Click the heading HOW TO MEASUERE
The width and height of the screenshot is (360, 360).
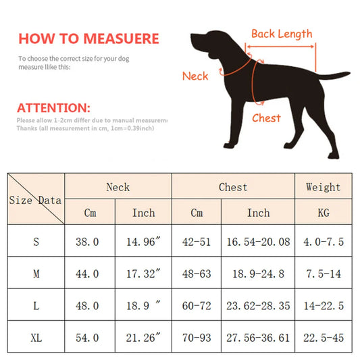tap(88, 38)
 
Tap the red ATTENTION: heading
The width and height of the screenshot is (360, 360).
tap(62, 108)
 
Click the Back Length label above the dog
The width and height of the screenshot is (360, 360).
tap(282, 34)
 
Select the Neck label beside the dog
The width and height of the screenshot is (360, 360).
tap(195, 76)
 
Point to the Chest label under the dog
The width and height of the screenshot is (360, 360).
tap(266, 118)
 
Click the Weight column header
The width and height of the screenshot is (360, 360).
tap(323, 187)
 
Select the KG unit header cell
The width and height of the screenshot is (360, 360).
tap(323, 213)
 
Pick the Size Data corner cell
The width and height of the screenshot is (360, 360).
tap(36, 199)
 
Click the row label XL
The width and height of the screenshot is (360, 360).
tap(36, 337)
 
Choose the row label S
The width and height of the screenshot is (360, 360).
tap(36, 241)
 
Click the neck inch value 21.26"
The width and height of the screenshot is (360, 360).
tap(143, 337)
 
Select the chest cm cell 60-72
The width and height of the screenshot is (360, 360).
tap(197, 305)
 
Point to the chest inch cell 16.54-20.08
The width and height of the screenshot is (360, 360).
tap(258, 241)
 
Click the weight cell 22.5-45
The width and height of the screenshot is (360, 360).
tap(323, 337)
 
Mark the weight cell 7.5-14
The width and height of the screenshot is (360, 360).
tap(323, 274)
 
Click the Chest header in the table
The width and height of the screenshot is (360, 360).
tap(233, 187)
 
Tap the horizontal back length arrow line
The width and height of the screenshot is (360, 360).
tap(281, 47)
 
